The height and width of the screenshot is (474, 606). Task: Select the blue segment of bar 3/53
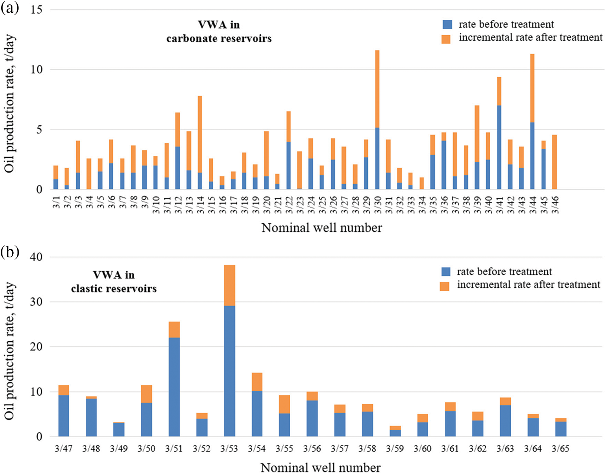click(229, 371)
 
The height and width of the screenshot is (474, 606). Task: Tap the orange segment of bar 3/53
click(229, 285)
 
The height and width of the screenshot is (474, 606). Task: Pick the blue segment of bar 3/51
click(174, 387)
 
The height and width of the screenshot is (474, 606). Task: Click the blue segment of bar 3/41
click(499, 147)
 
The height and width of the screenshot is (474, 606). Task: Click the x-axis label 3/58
click(367, 449)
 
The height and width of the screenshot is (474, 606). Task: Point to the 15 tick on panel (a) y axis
click(36, 10)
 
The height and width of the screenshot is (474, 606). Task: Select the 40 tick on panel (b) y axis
click(36, 257)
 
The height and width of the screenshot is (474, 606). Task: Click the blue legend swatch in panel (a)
click(447, 25)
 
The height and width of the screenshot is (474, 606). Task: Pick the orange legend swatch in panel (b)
click(444, 286)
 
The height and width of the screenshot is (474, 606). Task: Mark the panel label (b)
click(10, 253)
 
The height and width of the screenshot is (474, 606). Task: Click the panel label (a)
click(10, 8)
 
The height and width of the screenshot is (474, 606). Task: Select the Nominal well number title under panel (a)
click(322, 228)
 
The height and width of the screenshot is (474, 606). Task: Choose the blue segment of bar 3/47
click(64, 416)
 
